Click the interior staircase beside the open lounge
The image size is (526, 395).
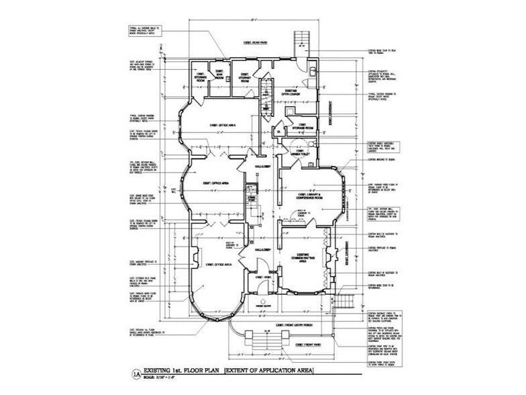coord(266,87)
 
